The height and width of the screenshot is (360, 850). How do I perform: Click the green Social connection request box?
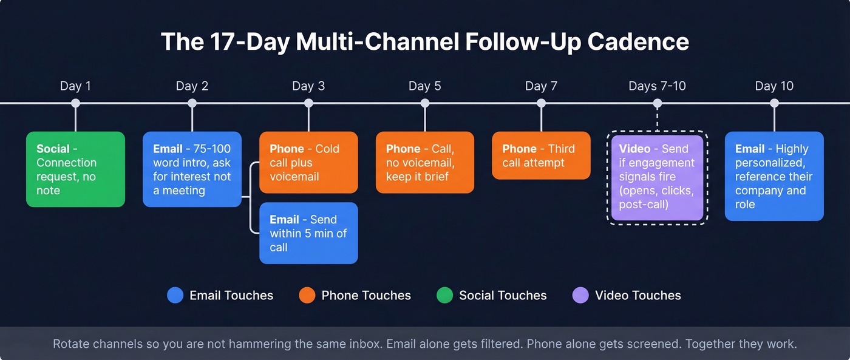click(x=75, y=169)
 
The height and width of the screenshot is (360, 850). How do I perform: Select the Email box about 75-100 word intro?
click(x=192, y=169)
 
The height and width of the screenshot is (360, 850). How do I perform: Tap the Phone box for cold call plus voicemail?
click(x=308, y=162)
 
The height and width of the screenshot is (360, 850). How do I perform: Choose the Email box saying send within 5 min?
click(x=308, y=233)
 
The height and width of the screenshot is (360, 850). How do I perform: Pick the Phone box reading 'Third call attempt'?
click(x=541, y=155)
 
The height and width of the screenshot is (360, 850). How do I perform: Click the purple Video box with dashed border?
click(x=657, y=177)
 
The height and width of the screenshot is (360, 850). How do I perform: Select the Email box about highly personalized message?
click(x=774, y=176)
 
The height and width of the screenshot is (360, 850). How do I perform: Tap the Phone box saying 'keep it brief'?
click(x=424, y=162)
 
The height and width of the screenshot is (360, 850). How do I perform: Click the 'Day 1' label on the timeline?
click(x=75, y=86)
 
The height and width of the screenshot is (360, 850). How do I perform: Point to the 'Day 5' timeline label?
click(x=424, y=86)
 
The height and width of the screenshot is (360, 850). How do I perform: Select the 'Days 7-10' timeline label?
click(x=657, y=86)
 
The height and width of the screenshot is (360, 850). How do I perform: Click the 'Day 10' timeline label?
click(x=774, y=86)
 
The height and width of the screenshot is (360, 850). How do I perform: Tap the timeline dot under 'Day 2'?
click(x=192, y=103)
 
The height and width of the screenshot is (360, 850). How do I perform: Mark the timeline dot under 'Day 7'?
click(x=541, y=103)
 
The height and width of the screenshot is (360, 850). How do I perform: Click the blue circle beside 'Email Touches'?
click(x=175, y=296)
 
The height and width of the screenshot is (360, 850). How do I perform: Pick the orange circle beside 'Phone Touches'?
click(x=307, y=296)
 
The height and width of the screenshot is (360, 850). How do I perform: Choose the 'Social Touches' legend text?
click(x=503, y=296)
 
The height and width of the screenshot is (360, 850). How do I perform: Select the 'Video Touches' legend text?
click(x=637, y=296)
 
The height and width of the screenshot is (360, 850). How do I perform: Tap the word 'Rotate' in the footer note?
click(x=72, y=344)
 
